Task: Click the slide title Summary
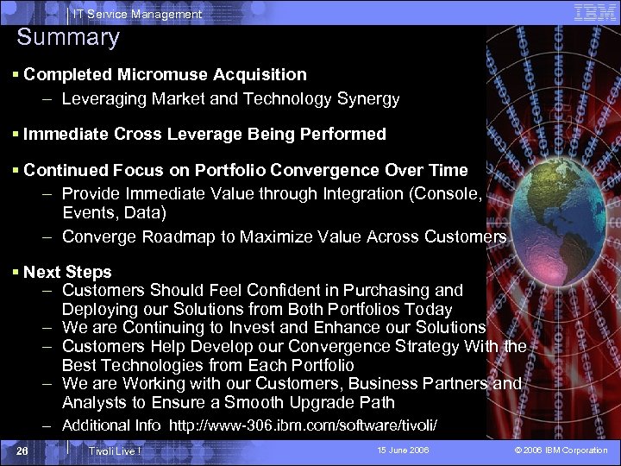point(68,38)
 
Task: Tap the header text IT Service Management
point(137,14)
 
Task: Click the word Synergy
point(368,99)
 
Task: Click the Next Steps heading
point(67,272)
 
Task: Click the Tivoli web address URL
point(303,425)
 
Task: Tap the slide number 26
point(23,450)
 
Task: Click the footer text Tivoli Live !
point(115,451)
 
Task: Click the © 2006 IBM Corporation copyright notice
point(561,450)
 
